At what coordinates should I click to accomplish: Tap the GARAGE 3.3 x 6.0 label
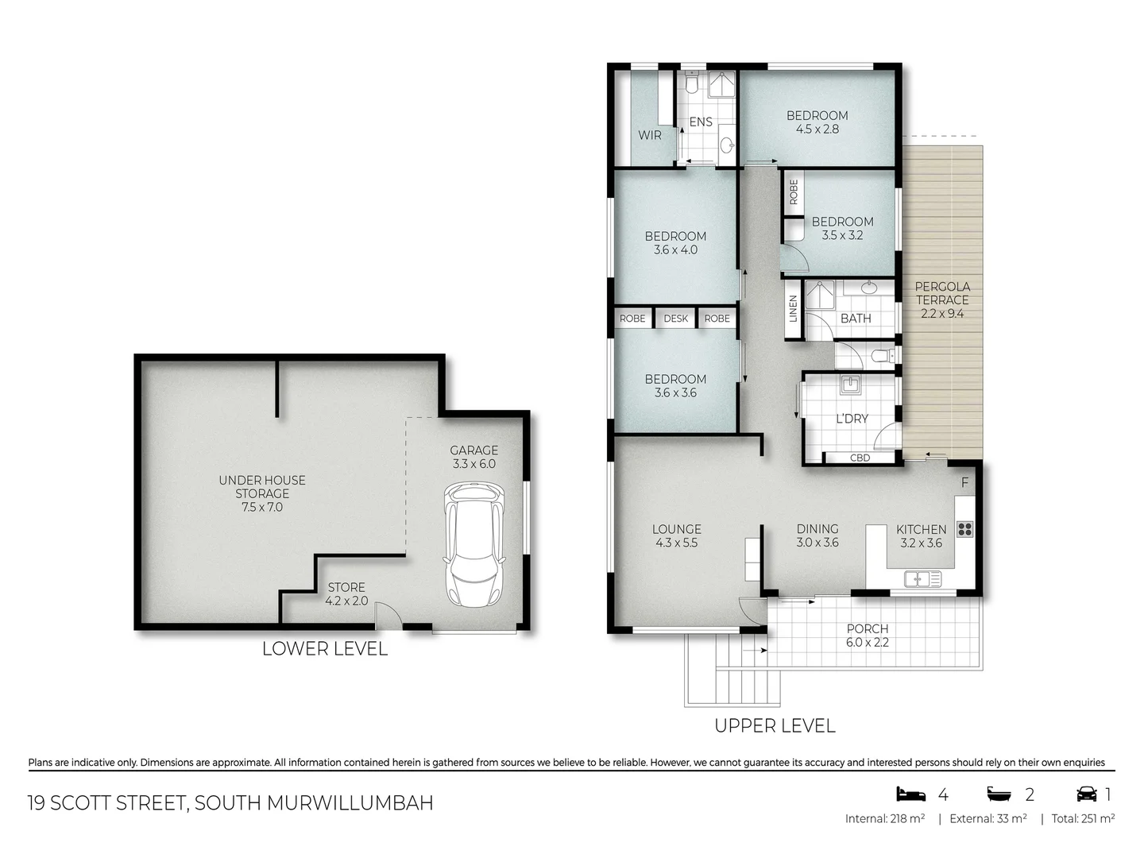[x=473, y=457]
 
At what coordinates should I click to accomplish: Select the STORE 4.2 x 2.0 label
[x=346, y=594]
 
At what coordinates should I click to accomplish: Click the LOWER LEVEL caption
[x=325, y=649]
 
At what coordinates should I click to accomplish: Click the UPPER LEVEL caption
[x=775, y=725]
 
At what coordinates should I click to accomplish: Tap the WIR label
[x=649, y=135]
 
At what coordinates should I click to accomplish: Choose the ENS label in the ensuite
[x=701, y=122]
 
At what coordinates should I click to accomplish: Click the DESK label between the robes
[x=675, y=319]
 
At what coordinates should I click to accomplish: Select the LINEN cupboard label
[x=793, y=309]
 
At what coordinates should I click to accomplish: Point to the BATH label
[x=856, y=318]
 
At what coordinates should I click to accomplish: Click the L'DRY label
[x=852, y=419]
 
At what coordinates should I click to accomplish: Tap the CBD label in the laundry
[x=860, y=458]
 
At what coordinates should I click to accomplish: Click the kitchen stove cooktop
[x=964, y=529]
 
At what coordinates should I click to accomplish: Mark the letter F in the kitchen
[x=964, y=483]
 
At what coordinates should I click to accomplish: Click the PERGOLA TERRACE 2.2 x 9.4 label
[x=942, y=300]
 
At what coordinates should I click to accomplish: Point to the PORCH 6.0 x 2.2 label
[x=867, y=636]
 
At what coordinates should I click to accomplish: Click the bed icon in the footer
[x=911, y=794]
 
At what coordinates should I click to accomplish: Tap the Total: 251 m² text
[x=1083, y=818]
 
